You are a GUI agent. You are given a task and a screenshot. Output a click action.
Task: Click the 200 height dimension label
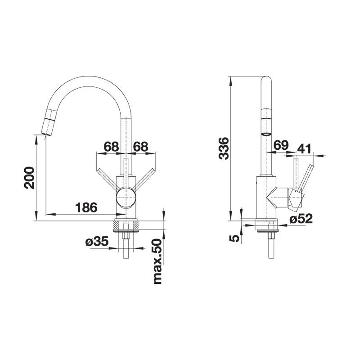[x=29, y=178]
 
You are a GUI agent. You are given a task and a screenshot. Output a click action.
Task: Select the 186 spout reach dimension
[x=86, y=207]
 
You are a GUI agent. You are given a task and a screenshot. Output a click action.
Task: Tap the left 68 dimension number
[x=112, y=146]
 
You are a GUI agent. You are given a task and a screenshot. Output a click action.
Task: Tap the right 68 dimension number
[x=140, y=146]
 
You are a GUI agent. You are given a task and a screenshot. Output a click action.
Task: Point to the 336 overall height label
[x=224, y=148]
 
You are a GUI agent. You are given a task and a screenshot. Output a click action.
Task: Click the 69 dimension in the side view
[x=281, y=145]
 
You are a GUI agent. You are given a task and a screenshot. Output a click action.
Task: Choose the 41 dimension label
[x=305, y=148]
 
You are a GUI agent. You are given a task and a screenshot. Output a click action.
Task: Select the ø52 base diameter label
[x=301, y=219]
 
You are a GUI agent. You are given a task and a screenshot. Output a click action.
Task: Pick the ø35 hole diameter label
[x=97, y=241]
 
